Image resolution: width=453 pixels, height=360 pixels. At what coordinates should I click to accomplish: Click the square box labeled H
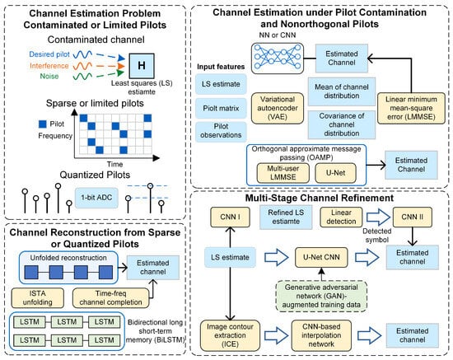point(142,66)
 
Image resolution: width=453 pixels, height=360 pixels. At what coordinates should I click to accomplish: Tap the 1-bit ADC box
point(96,198)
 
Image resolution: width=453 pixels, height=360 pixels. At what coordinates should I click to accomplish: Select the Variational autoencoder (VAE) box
point(278,108)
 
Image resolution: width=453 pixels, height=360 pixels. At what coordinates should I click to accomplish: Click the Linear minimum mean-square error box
point(411,108)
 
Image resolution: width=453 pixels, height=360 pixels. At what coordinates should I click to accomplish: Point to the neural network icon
point(278,58)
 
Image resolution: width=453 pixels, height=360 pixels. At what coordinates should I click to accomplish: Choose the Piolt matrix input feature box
point(221,109)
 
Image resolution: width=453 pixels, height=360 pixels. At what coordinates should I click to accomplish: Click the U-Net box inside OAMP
point(335,173)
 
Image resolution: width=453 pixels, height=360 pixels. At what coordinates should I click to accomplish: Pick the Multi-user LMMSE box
point(283,173)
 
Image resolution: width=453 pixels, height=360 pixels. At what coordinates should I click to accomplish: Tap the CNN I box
point(230,217)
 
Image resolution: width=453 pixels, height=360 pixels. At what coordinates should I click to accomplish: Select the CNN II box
point(413,217)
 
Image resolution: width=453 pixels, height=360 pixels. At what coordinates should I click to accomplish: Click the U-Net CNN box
point(321,257)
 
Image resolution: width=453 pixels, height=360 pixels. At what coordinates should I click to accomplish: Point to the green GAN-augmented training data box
point(321,296)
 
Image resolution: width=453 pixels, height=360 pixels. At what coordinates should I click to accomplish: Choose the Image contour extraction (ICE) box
point(230,335)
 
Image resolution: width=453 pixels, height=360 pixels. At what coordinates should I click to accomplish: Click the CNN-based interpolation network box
point(321,335)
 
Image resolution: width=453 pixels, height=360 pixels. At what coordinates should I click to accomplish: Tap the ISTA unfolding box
point(38,298)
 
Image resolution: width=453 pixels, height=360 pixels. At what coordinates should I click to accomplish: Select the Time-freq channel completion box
point(110,298)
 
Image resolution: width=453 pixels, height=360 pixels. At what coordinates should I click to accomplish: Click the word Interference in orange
point(49,66)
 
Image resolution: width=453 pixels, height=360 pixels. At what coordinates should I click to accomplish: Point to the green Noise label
point(49,77)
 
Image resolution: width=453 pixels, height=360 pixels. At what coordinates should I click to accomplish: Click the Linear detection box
point(341,217)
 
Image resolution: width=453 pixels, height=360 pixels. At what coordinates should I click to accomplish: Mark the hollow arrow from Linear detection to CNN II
point(378,217)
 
